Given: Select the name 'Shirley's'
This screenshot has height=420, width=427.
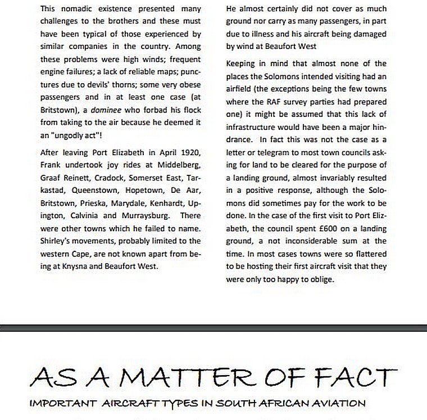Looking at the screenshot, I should (57, 241).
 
